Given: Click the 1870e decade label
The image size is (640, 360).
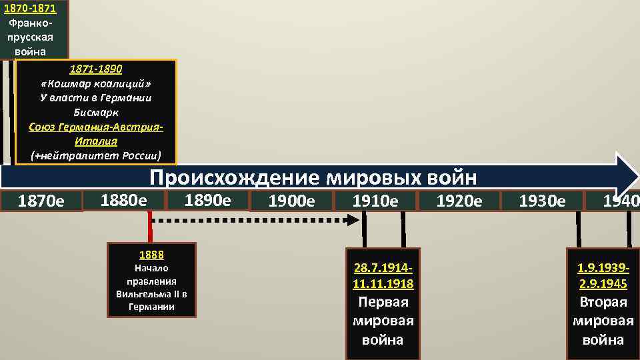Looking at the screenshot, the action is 41,201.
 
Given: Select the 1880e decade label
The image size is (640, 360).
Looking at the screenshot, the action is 123,199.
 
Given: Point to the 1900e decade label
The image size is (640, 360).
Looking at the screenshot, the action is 291,201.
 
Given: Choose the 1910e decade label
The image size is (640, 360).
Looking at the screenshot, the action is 375,201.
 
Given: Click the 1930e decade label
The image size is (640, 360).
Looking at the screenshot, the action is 541,201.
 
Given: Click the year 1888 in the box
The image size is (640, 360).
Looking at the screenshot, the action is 151,255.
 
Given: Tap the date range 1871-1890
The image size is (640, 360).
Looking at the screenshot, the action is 96,69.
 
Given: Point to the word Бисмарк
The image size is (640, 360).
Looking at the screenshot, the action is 96,112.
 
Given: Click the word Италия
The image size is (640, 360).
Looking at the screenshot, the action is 96,141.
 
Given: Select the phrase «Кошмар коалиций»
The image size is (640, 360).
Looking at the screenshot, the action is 96,83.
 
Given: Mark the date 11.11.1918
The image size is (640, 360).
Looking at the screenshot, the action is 383,284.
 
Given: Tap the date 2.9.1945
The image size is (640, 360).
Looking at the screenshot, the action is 603,284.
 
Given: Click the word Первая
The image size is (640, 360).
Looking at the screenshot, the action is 383,301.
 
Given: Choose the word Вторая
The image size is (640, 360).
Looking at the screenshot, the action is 603,301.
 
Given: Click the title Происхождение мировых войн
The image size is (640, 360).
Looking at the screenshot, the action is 313,177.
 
